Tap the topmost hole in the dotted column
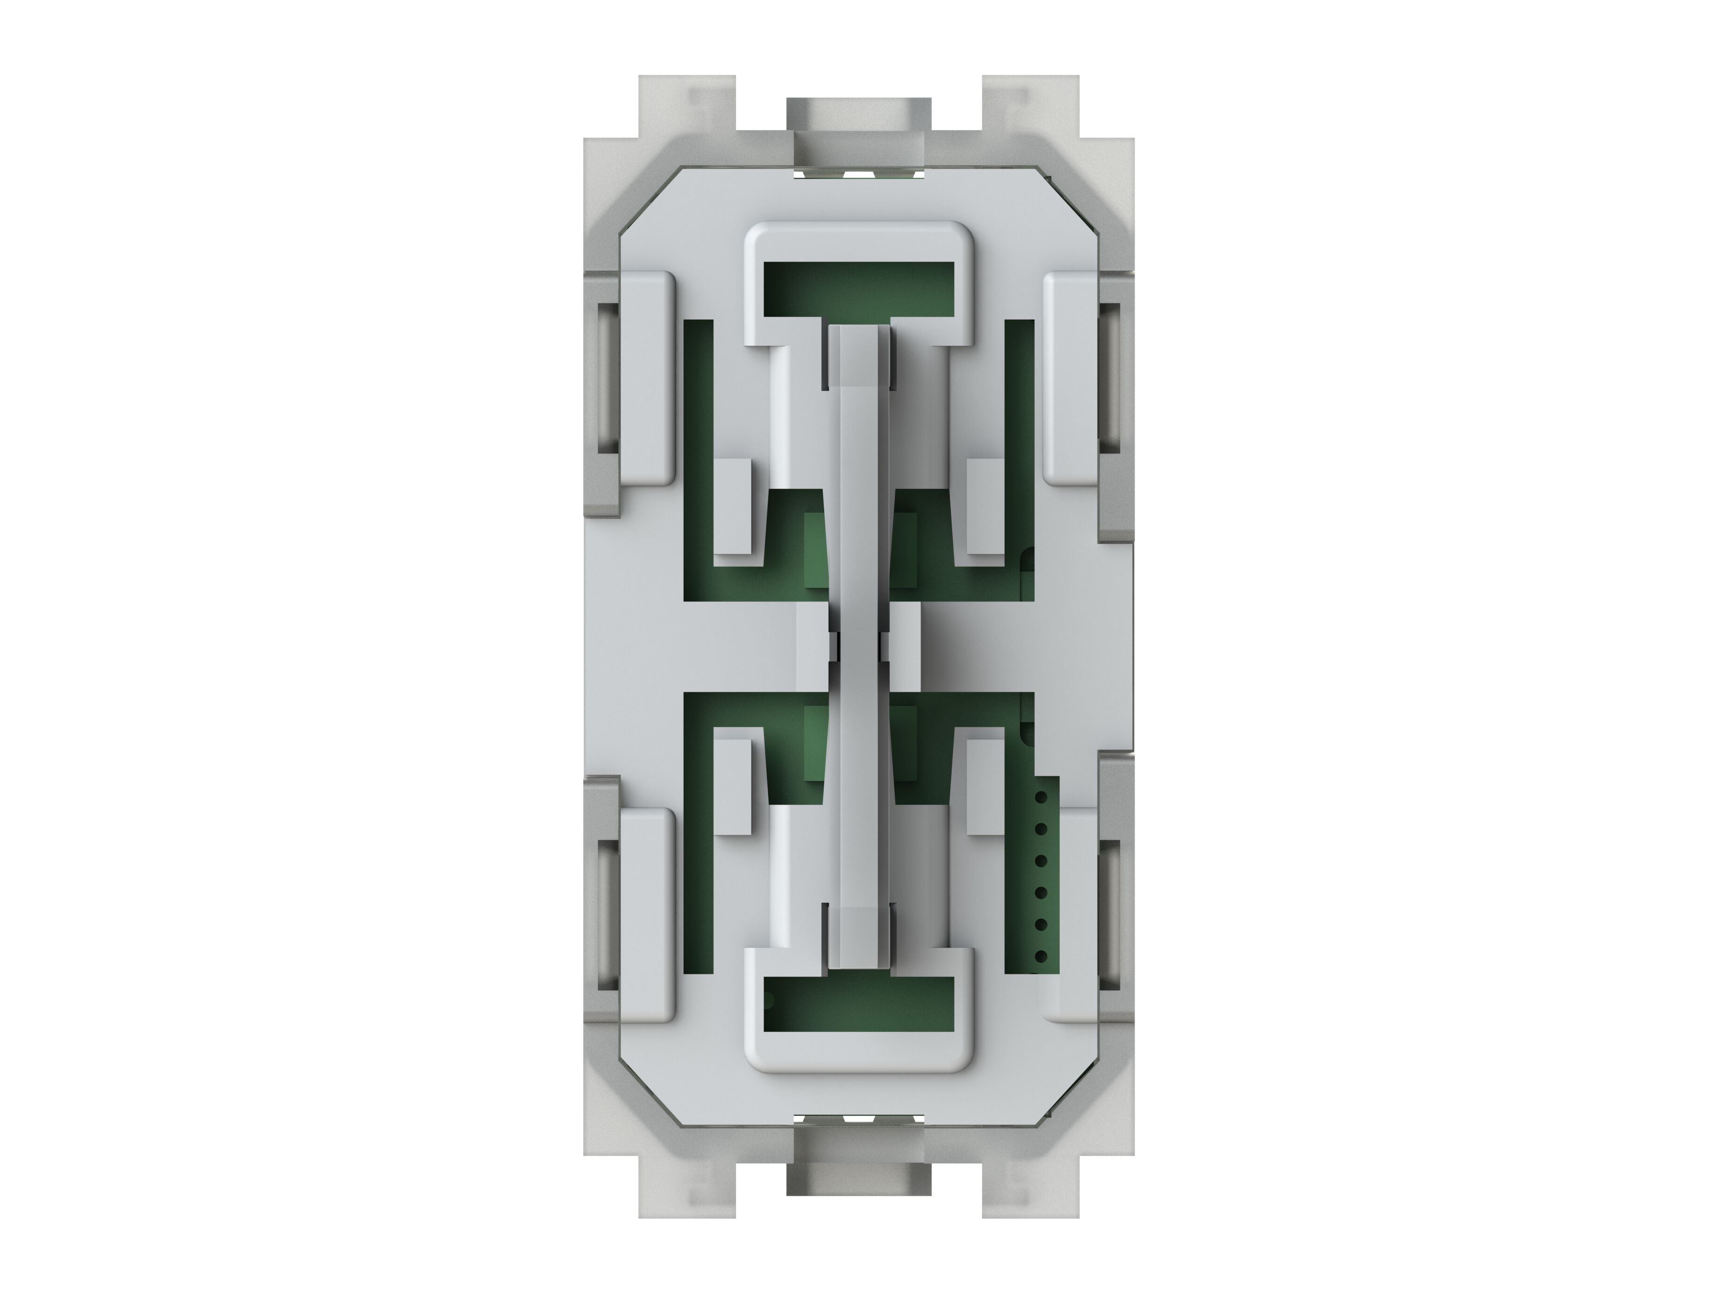point(1040,798)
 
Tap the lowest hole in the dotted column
point(1040,956)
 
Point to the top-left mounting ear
point(687,106)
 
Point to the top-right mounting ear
point(1031,106)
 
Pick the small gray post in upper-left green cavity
point(734,508)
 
